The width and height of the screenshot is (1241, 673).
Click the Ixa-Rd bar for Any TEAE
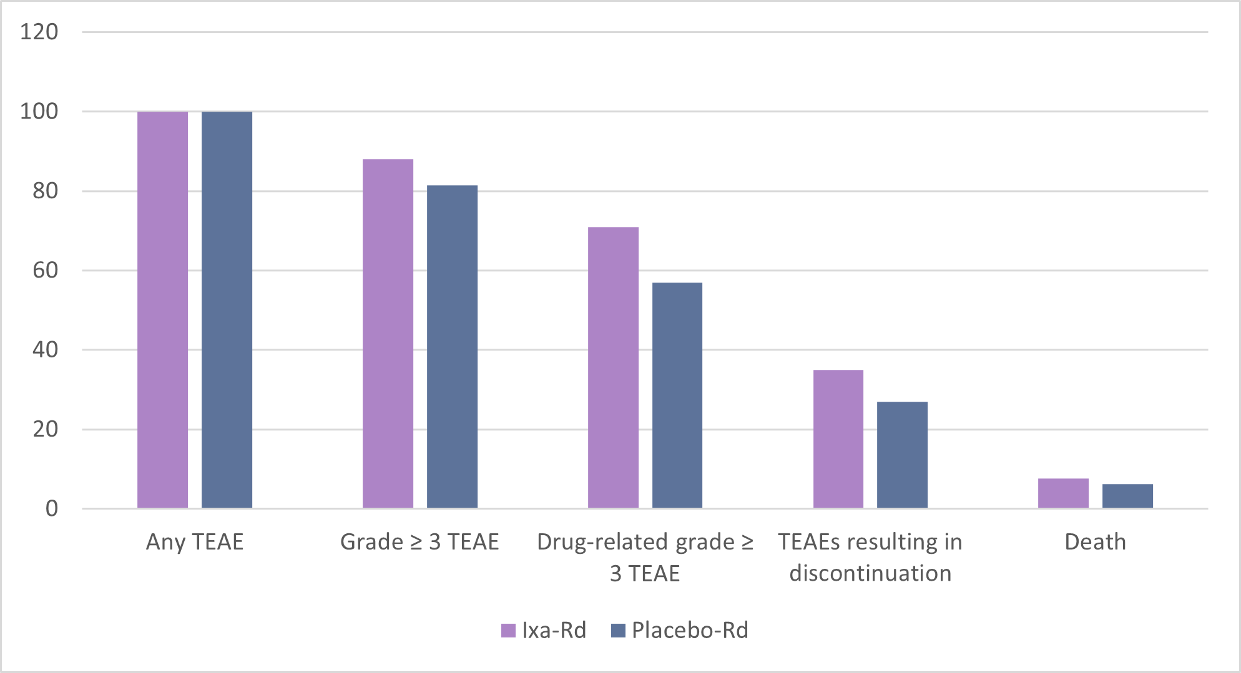pos(162,310)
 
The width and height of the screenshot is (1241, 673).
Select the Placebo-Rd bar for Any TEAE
pos(227,310)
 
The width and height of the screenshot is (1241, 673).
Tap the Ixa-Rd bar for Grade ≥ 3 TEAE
pos(388,334)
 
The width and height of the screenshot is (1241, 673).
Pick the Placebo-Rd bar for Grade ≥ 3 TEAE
pos(452,347)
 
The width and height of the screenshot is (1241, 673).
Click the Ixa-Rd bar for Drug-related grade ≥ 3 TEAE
pos(613,368)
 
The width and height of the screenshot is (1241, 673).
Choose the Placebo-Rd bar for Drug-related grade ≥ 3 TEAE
pos(677,395)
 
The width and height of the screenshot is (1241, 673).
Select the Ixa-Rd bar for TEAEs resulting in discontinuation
pos(838,439)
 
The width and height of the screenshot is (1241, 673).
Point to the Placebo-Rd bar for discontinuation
pos(902,455)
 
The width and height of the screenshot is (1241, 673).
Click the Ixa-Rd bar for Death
pos(1063,493)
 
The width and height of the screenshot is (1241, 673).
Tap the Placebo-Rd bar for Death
pos(1127,496)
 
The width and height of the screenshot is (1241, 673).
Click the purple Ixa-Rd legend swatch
pos(508,631)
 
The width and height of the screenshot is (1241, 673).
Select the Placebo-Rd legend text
pos(690,631)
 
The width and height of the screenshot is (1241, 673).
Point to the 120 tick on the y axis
pos(39,32)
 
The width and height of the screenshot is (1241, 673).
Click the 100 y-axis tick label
pos(39,112)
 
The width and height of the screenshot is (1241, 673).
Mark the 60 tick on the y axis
pos(45,271)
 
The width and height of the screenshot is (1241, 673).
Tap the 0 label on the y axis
pos(51,509)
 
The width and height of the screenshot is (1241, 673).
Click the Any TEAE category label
pos(195,542)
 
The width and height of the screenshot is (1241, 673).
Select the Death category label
pos(1095,542)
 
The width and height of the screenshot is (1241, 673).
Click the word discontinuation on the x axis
pos(870,573)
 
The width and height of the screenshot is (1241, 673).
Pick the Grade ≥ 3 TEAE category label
pos(419,542)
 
